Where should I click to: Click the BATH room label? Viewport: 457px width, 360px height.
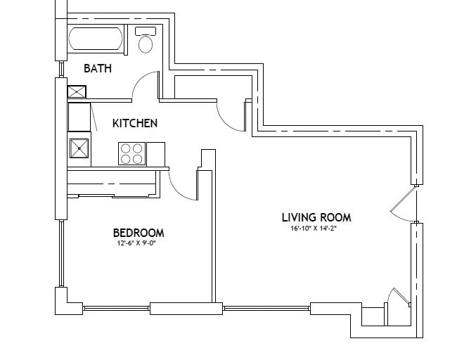[x=98, y=69]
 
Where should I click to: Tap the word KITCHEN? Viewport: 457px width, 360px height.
[x=135, y=124]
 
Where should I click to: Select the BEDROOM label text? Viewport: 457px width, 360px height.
[x=139, y=233]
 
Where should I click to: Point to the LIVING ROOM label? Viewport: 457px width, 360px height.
[x=316, y=217]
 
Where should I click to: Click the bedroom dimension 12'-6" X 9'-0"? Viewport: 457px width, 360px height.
[x=139, y=244]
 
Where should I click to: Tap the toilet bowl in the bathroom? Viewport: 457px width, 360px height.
[x=146, y=44]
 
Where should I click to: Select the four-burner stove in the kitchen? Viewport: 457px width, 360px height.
[x=131, y=154]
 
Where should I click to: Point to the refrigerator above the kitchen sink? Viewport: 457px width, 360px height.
[x=79, y=117]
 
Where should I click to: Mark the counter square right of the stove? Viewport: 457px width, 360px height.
[x=155, y=153]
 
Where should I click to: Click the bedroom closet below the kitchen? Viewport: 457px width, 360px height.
[x=112, y=184]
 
